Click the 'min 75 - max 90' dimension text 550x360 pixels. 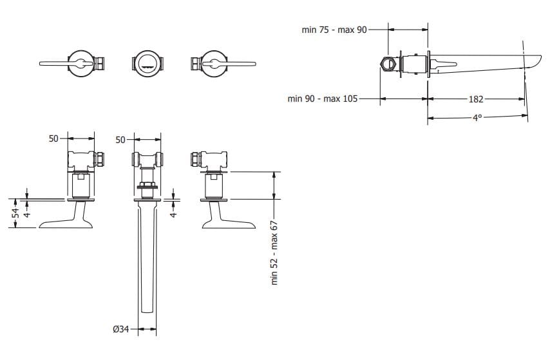coord(335,29)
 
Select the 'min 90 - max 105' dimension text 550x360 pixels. coord(322,99)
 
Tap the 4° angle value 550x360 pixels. coord(477,118)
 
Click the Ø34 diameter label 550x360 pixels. coord(121,330)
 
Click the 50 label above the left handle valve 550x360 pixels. coord(54,138)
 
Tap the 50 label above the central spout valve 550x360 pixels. coord(120,138)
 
